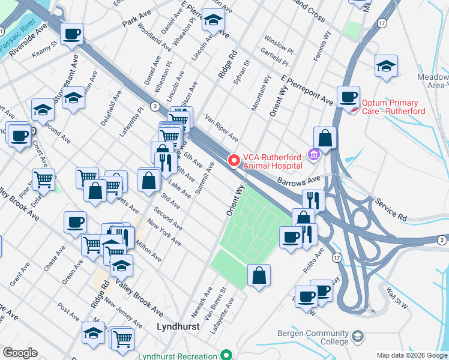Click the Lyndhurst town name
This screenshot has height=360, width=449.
tap(177, 327)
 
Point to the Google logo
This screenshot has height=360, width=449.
tap(20, 353)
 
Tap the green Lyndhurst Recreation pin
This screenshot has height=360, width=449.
tap(226, 355)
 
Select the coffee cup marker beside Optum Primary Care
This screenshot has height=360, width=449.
tap(348, 97)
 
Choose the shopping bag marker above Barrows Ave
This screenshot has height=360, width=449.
tap(325, 137)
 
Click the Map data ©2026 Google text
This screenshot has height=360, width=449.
tap(412, 355)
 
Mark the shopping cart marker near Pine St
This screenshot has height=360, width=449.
tap(43, 179)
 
